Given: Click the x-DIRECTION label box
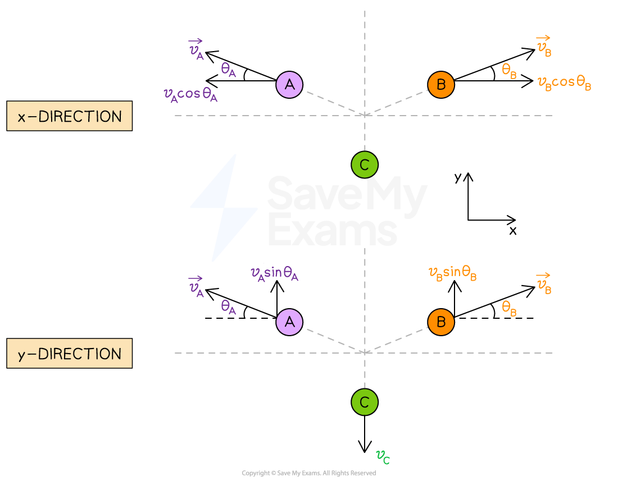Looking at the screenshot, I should click(x=69, y=116).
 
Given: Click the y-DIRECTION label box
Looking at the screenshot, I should click(x=69, y=354).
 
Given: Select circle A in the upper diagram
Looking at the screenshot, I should click(x=289, y=85).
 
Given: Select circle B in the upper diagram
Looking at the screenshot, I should click(x=441, y=85).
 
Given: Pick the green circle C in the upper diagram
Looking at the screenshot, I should click(x=365, y=165).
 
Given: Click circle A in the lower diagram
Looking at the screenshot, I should click(x=289, y=322).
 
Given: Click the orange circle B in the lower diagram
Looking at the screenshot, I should click(x=441, y=322).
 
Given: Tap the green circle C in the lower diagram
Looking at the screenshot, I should click(x=365, y=402).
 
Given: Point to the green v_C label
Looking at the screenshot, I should click(x=383, y=457).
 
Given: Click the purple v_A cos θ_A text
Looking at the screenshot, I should click(x=190, y=94).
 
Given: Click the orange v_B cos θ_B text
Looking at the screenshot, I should click(x=564, y=83).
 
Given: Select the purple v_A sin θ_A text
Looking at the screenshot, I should click(x=274, y=273).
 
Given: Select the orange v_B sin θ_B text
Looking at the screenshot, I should click(x=452, y=273).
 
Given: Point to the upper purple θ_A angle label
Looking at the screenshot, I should click(x=228, y=70).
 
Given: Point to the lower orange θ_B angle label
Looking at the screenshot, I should click(x=509, y=308).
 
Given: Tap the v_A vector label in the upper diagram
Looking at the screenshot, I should click(x=196, y=50).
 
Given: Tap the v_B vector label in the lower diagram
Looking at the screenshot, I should click(x=543, y=284).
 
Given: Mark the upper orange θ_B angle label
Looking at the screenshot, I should click(x=509, y=71).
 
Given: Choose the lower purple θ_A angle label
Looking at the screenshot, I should click(x=228, y=307).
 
